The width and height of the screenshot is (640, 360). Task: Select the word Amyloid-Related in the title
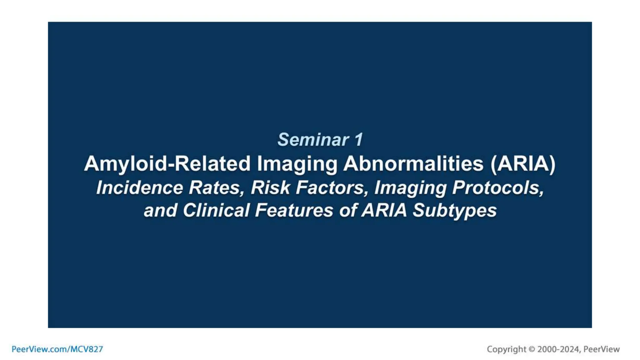(x=167, y=163)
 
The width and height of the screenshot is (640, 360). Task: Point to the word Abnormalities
(x=413, y=163)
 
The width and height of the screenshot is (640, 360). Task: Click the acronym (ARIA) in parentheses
(x=523, y=163)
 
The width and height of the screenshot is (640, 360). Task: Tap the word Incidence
(x=139, y=187)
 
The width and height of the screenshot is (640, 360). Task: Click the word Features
(x=294, y=210)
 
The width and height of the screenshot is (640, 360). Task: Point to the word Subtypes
(x=454, y=210)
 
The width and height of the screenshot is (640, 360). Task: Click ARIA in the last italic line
(x=384, y=210)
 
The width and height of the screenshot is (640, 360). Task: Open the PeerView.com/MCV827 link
(x=57, y=349)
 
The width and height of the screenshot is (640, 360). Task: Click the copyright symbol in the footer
(x=532, y=349)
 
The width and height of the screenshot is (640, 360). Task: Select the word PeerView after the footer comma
(x=601, y=349)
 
